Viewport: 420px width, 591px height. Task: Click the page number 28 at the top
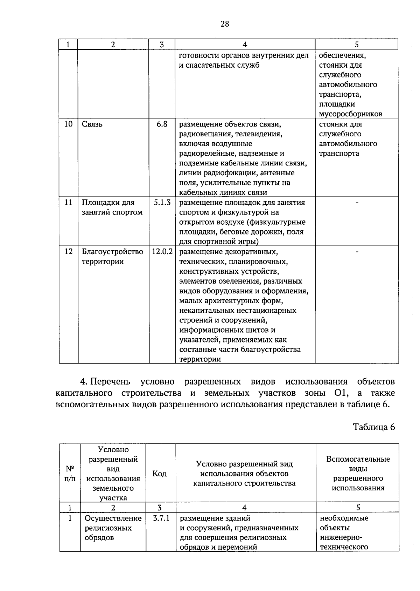coord(225,24)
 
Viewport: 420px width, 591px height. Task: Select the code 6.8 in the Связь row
coord(162,124)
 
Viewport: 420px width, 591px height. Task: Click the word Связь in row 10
coord(92,124)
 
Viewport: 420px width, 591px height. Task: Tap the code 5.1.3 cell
coord(162,203)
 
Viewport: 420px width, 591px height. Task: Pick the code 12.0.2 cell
coord(162,252)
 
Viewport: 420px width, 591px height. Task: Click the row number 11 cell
coord(69,203)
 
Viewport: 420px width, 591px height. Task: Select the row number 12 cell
coord(69,252)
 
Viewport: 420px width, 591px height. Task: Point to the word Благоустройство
coord(112,252)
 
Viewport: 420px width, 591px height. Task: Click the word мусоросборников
coord(350,114)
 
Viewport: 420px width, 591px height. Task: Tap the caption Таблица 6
coord(374,427)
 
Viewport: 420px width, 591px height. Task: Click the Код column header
coord(159,474)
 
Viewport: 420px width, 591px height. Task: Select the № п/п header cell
coord(70,474)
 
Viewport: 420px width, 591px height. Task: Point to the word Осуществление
coord(113,518)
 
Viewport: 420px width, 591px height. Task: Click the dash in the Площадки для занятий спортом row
coord(357,203)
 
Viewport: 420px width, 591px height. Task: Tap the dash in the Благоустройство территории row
coord(357,252)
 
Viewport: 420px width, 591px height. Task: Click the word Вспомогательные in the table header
coord(358,459)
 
